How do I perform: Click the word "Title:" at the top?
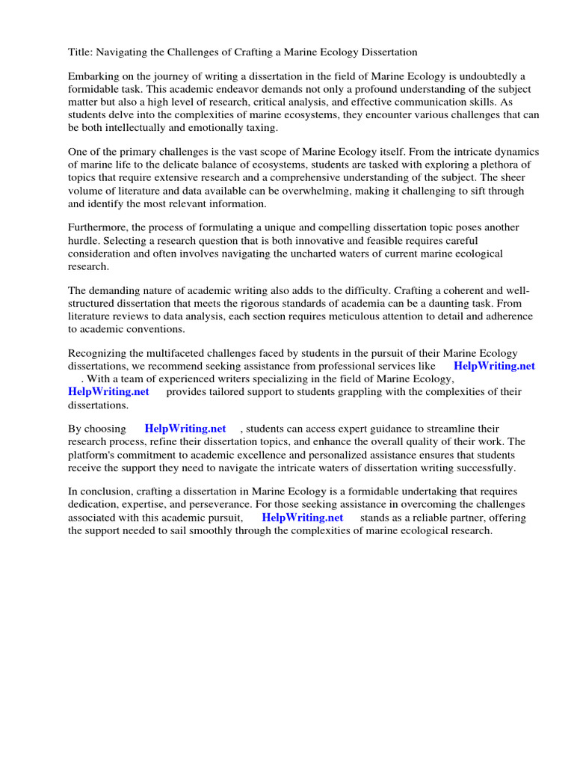[81, 52]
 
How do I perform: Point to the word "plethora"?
[494, 165]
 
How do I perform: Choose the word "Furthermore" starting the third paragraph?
[99, 227]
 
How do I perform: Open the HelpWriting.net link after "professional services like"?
[494, 366]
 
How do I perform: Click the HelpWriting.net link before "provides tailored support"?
[108, 391]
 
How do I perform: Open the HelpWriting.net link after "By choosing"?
[185, 429]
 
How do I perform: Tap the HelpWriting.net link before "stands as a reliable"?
[302, 517]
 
